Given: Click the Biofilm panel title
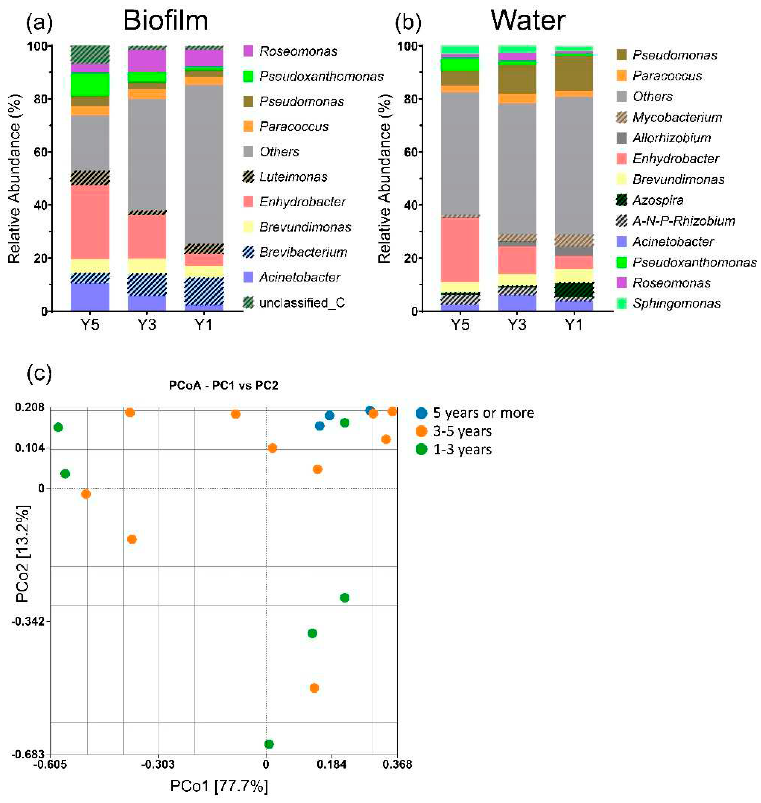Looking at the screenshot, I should tap(165, 20).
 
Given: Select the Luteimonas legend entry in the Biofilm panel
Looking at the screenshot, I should tap(293, 177).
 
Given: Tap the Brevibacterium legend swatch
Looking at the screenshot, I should tap(248, 252).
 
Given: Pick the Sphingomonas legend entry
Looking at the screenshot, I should tap(676, 303).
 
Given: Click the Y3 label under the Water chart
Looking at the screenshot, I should tap(517, 325).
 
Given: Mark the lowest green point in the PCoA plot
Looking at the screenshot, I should tap(269, 744).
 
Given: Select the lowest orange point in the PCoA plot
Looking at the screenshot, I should tap(314, 688).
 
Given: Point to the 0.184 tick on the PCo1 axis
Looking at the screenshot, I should tap(332, 764).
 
